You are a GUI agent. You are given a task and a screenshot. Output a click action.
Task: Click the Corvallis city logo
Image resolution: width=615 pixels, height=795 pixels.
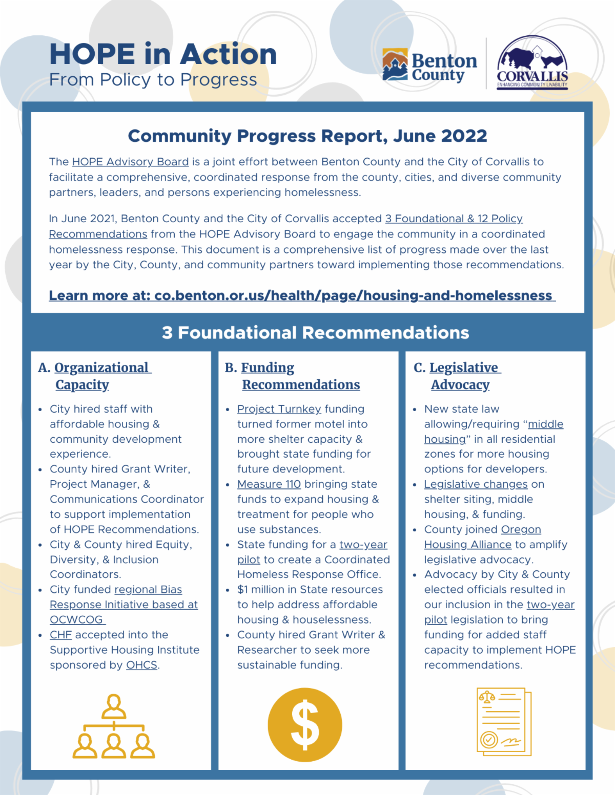click(x=532, y=63)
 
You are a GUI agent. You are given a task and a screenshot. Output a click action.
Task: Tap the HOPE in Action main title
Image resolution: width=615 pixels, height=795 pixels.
click(x=163, y=54)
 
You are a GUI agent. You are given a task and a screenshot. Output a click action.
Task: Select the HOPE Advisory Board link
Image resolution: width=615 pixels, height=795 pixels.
click(x=130, y=162)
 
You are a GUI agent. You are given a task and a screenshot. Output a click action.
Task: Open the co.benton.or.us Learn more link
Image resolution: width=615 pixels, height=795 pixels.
click(x=302, y=295)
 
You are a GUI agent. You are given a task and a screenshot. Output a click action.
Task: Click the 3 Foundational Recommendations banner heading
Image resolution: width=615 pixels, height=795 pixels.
click(x=315, y=333)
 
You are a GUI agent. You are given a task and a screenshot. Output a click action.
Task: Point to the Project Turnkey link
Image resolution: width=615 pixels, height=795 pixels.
click(x=279, y=409)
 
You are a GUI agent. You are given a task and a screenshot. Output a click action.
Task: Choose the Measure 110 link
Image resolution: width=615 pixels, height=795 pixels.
click(x=269, y=484)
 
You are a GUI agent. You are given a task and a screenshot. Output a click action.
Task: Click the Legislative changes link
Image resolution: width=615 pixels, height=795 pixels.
click(x=476, y=484)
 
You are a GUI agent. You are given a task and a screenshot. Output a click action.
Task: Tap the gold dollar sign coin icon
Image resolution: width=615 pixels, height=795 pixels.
click(x=305, y=725)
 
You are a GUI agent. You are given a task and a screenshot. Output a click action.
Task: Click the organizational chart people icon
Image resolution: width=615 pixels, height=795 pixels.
click(x=113, y=726)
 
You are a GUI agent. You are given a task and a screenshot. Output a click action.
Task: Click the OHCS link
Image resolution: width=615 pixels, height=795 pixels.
click(x=141, y=665)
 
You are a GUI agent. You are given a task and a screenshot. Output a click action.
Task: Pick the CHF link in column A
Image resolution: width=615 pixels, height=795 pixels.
click(x=60, y=635)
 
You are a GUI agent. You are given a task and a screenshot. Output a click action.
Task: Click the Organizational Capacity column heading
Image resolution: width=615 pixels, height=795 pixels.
click(x=95, y=376)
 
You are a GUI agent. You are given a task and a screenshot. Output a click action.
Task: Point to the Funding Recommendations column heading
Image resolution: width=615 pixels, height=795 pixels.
click(x=293, y=376)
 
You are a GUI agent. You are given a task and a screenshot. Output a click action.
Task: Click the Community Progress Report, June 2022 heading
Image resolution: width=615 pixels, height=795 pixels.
click(x=307, y=136)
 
